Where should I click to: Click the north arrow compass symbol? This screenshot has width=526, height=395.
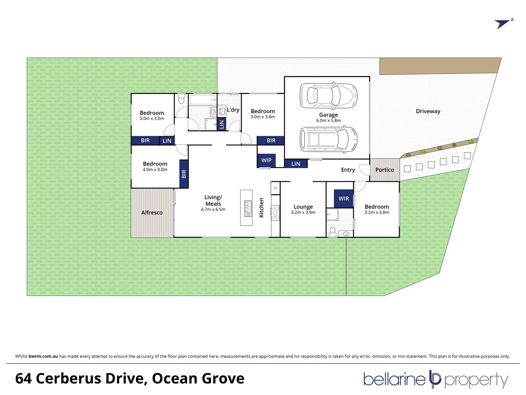click(x=504, y=24)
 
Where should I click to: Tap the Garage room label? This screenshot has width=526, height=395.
click(x=328, y=115)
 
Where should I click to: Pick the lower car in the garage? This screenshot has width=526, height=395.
click(x=328, y=139)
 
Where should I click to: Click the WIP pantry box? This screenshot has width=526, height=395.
click(x=266, y=160)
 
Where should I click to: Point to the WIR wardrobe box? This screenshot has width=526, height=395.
click(x=344, y=199)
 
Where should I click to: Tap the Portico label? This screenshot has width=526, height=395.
click(x=385, y=170)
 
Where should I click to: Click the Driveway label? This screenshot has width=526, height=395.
click(x=428, y=111)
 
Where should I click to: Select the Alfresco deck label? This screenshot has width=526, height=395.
click(x=152, y=212)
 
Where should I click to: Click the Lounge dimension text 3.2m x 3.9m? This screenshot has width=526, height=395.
click(x=303, y=212)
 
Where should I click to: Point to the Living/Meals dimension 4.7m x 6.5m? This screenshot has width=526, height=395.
click(x=213, y=210)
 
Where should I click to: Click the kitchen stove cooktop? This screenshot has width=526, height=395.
click(x=275, y=212)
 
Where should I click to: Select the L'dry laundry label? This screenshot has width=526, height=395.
click(x=233, y=110)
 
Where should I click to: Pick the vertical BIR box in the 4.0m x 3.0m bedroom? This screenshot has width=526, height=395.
click(x=184, y=174)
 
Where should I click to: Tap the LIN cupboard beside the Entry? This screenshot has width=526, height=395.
click(x=296, y=164)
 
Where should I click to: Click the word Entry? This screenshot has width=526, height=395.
click(x=348, y=170)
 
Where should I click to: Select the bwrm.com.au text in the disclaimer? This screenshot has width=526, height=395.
click(x=43, y=356)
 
